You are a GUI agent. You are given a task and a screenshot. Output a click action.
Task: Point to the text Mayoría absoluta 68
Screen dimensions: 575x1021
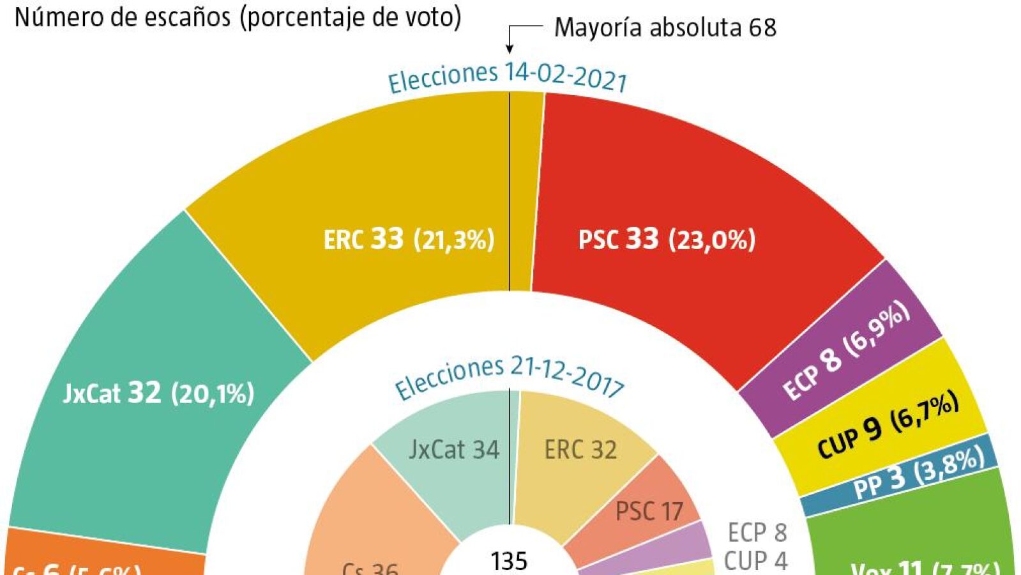665,27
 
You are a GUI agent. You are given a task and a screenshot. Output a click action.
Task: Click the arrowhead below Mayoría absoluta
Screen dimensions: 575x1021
510,48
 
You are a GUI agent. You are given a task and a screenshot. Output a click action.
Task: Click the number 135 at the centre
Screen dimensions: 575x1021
509,561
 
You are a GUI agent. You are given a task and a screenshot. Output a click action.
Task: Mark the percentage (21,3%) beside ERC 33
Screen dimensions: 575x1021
454,240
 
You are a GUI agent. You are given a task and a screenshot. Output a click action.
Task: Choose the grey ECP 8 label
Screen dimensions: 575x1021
757,532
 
